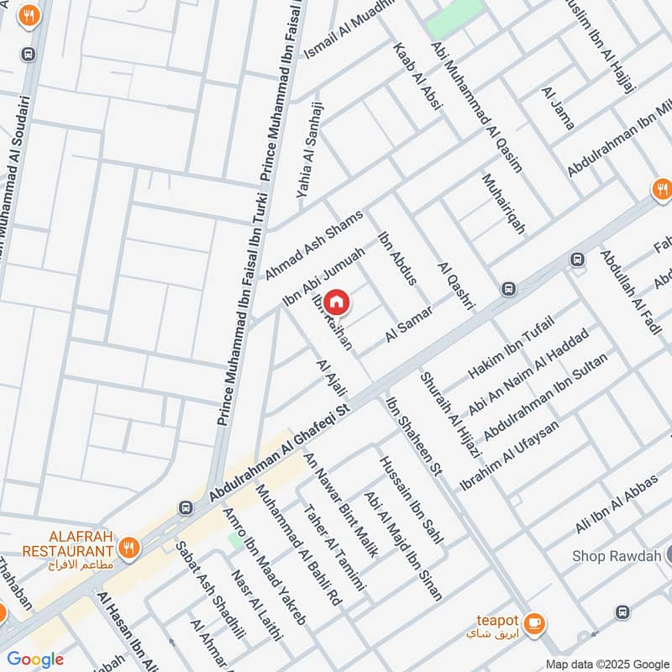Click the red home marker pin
coord(336,301)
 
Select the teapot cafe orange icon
coord(533,624)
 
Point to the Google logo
coord(35,659)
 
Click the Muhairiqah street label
coord(503,204)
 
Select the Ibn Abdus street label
coord(398,258)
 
